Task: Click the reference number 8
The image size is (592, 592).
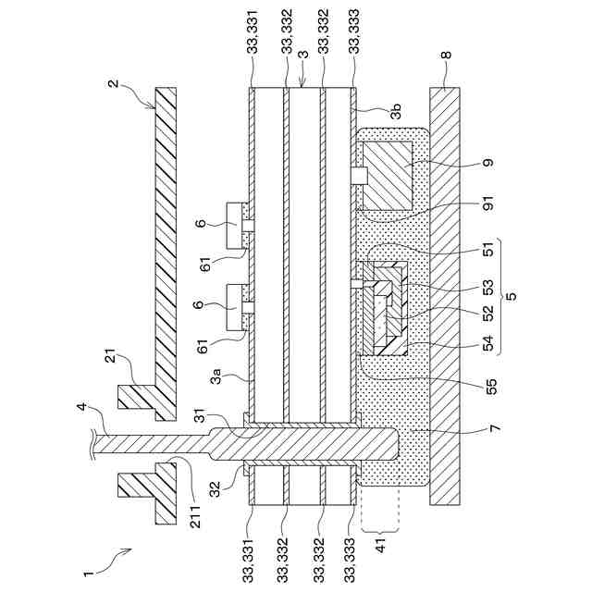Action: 446,55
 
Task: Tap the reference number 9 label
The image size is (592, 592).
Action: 487,163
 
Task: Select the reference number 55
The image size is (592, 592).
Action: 487,381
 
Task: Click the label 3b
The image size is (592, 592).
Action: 395,115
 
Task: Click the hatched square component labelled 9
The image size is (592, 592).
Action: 387,175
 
